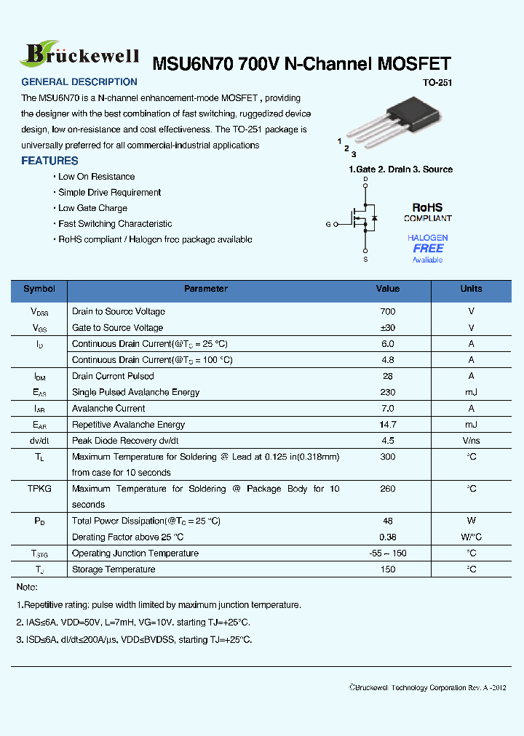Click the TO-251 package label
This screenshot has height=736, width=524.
(437, 83)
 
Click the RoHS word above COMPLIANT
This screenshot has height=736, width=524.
(427, 208)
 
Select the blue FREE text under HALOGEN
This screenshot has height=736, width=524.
(428, 249)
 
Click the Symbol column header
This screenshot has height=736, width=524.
(39, 289)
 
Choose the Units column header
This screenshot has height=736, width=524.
(471, 289)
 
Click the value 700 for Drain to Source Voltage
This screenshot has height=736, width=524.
(388, 311)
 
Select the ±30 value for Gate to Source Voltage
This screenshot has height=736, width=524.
(388, 328)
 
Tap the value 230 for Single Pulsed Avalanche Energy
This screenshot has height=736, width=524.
(388, 392)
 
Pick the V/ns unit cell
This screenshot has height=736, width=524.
(471, 441)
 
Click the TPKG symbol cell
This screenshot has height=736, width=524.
(39, 489)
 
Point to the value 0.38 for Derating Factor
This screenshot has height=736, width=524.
(388, 537)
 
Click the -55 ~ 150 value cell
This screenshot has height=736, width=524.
(388, 553)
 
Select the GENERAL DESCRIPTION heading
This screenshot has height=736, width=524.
(79, 82)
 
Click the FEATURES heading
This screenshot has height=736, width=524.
(49, 161)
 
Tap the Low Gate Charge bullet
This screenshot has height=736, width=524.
(92, 208)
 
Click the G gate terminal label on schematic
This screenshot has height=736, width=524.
(327, 224)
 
